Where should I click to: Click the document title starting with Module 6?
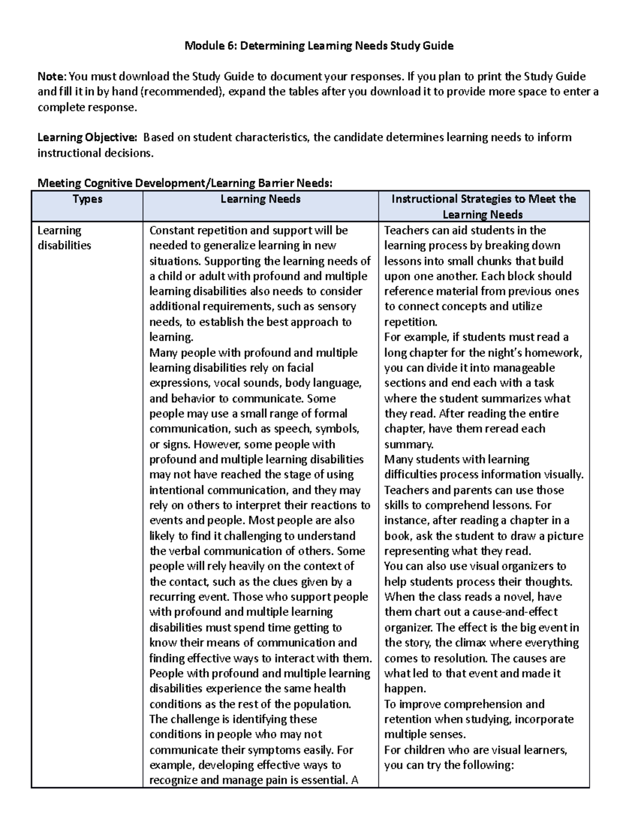(x=318, y=46)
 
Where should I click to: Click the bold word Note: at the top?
(x=52, y=76)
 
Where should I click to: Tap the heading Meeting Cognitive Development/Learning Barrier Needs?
(x=184, y=183)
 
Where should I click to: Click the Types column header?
(x=87, y=199)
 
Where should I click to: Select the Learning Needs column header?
(x=261, y=199)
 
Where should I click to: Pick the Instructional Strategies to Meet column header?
(x=483, y=199)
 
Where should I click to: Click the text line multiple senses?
(x=424, y=735)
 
